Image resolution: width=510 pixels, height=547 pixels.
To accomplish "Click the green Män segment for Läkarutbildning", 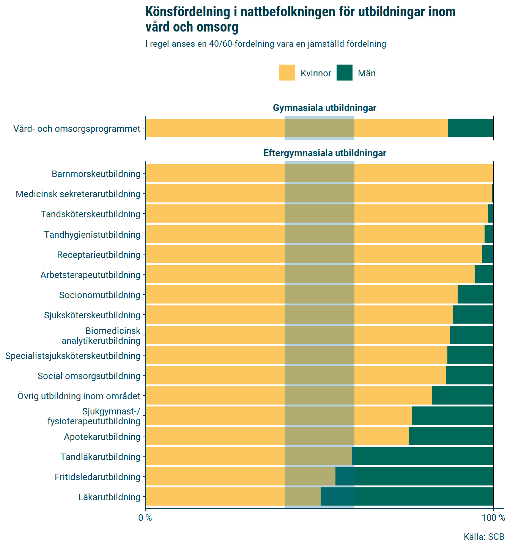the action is pos(407,496).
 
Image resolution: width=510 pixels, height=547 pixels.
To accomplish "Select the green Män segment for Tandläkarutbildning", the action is pos(423,456).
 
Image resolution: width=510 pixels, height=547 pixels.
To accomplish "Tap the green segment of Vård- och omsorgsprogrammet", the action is pos(471,128).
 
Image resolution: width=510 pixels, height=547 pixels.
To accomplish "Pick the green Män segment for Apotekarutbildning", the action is pos(451,436).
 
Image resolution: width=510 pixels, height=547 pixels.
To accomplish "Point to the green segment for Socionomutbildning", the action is pos(475,294).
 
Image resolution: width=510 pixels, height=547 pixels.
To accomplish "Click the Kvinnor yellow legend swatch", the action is pos(287,73).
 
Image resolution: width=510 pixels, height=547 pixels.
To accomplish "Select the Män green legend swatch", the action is pos(344,73).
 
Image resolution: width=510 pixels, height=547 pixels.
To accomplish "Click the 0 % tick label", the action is pos(145,518).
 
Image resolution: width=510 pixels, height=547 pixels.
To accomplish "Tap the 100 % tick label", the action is pos(493,518).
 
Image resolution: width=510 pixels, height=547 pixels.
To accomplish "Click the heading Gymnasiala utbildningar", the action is pos(324,108).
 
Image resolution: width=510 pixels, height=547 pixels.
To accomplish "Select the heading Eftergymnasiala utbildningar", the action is pos(325,153).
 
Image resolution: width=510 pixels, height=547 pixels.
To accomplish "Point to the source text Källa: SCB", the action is pos(484,537).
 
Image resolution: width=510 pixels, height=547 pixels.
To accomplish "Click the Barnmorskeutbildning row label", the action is pos(96,174).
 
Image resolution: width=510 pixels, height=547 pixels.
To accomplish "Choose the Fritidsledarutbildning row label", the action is pos(98,477).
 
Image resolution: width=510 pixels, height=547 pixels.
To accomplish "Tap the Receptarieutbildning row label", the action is pos(99,255).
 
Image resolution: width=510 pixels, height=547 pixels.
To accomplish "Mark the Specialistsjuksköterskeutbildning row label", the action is pos(73,356).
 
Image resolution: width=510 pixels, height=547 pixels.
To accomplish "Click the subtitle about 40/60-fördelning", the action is pos(266,44).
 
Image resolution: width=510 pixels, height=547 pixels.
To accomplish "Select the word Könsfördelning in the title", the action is pos(188,13).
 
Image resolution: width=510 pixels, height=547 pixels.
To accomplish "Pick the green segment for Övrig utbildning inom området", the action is pos(463,395).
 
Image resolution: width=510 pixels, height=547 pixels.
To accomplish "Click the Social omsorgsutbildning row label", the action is pos(89,376).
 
